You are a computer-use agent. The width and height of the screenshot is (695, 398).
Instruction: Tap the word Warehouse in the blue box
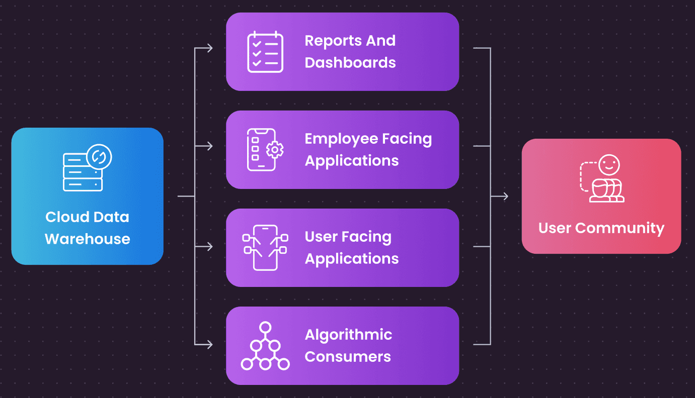pos(88,239)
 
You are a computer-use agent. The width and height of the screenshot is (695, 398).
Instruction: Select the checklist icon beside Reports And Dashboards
pos(265,52)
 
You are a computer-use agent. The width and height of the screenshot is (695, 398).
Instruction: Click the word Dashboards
pos(350,63)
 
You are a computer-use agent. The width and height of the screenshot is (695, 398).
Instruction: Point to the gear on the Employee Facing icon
pos(275,150)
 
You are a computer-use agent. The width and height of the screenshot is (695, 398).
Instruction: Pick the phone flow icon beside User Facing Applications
pos(265,247)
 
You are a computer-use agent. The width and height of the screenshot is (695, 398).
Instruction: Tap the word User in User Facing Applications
pos(321,236)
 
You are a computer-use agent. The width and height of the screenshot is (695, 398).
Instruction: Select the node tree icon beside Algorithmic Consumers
pos(265,346)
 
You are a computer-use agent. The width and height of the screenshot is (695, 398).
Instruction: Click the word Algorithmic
pos(348,335)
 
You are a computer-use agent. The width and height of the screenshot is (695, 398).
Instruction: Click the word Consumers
pos(348,356)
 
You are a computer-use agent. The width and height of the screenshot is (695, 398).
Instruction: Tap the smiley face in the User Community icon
pos(609,165)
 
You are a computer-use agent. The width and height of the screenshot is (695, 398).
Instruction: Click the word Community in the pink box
pos(620,228)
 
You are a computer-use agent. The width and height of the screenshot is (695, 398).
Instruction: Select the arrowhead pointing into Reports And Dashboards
pos(210,48)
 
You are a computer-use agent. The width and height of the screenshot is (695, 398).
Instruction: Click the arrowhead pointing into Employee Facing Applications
pos(210,146)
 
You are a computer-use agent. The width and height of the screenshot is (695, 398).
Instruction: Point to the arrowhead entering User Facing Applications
pos(210,247)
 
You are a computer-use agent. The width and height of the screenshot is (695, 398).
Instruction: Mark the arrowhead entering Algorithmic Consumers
pos(210,344)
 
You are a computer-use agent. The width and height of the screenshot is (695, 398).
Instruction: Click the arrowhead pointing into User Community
pos(505,196)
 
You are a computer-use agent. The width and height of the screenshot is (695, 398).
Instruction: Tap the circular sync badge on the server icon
pos(99,157)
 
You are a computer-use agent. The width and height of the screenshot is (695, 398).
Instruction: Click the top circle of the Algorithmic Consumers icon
pos(265,327)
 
